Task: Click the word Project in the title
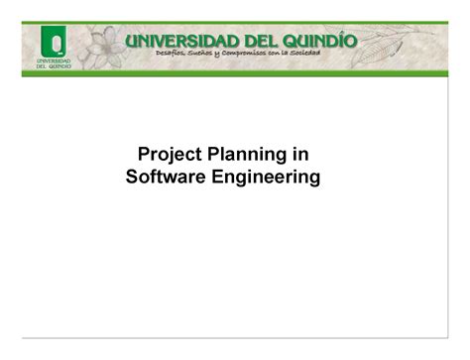[168, 156]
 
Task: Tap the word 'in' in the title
[302, 156]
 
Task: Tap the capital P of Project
[143, 156]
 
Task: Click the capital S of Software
[134, 178]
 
